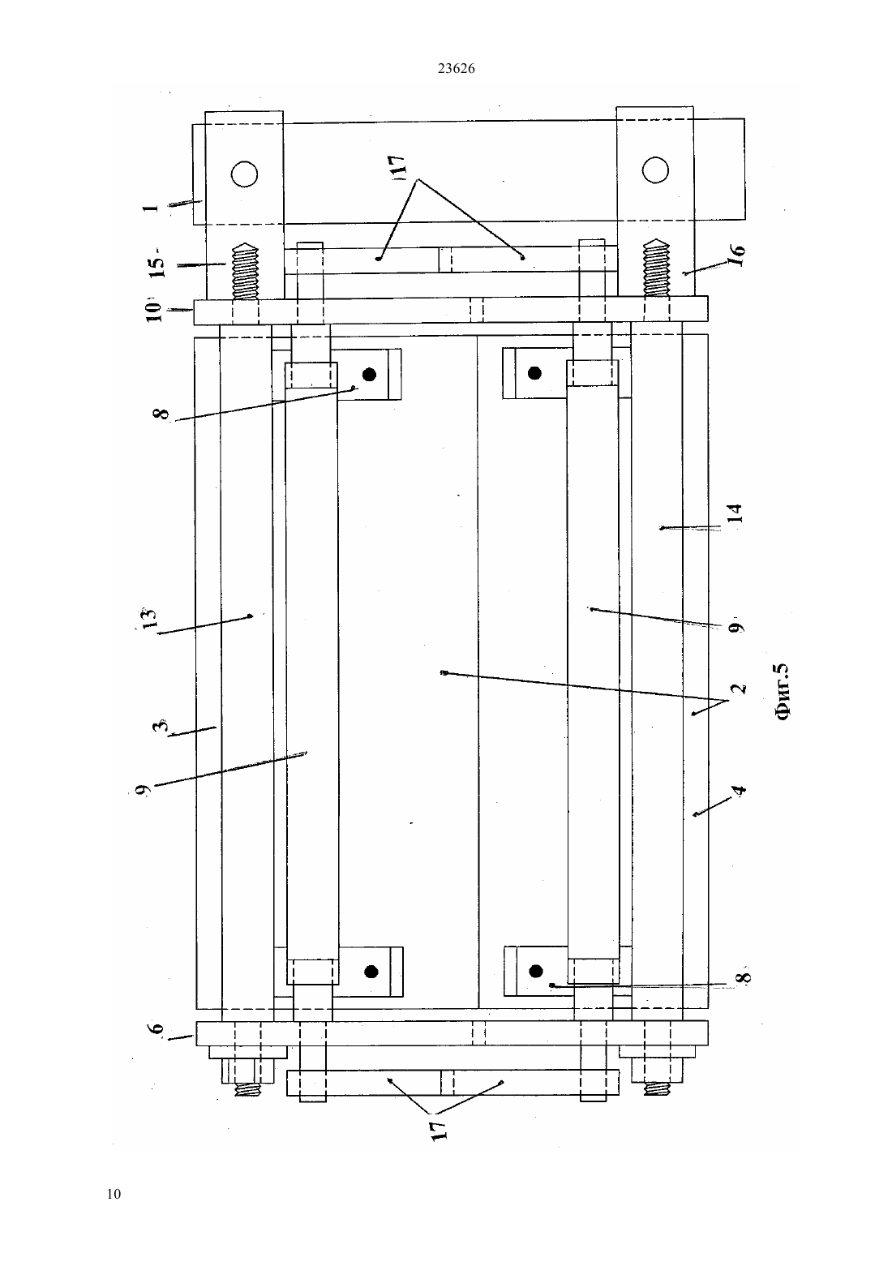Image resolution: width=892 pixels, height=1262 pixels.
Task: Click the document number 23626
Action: point(456,69)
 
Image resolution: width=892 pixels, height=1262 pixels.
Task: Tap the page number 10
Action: point(114,1194)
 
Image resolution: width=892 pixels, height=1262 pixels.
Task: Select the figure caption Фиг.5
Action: point(783,691)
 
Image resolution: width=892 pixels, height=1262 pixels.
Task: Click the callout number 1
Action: point(150,208)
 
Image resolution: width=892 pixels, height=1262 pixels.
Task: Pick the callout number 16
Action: point(737,255)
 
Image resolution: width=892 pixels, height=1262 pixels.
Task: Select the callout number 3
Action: point(161,725)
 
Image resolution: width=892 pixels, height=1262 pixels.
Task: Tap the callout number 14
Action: point(735,513)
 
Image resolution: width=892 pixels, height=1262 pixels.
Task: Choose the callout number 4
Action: point(740,789)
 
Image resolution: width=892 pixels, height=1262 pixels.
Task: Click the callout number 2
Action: point(739,688)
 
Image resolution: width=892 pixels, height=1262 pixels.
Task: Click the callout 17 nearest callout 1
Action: point(398,166)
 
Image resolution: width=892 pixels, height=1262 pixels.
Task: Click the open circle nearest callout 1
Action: point(244,174)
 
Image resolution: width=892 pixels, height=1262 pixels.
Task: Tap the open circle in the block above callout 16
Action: point(655,170)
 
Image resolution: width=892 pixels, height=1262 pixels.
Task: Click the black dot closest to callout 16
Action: point(535,373)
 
